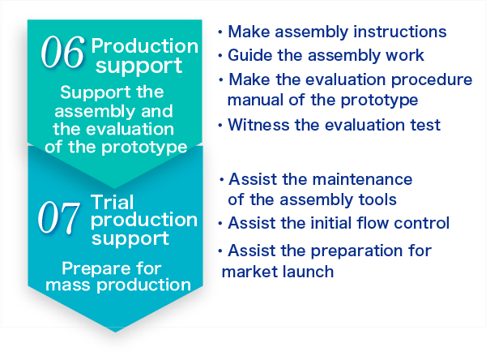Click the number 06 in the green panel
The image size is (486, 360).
62,52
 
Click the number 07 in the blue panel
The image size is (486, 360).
58,216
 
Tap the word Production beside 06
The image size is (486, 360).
145,46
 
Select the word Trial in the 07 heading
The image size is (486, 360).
113,202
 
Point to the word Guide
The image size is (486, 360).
249,55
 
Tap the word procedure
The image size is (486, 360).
432,80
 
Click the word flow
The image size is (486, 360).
373,223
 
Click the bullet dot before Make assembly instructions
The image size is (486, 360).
220,32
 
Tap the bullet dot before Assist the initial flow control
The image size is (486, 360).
220,224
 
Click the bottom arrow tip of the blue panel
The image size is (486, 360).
115,332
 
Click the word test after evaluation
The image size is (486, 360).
425,125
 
